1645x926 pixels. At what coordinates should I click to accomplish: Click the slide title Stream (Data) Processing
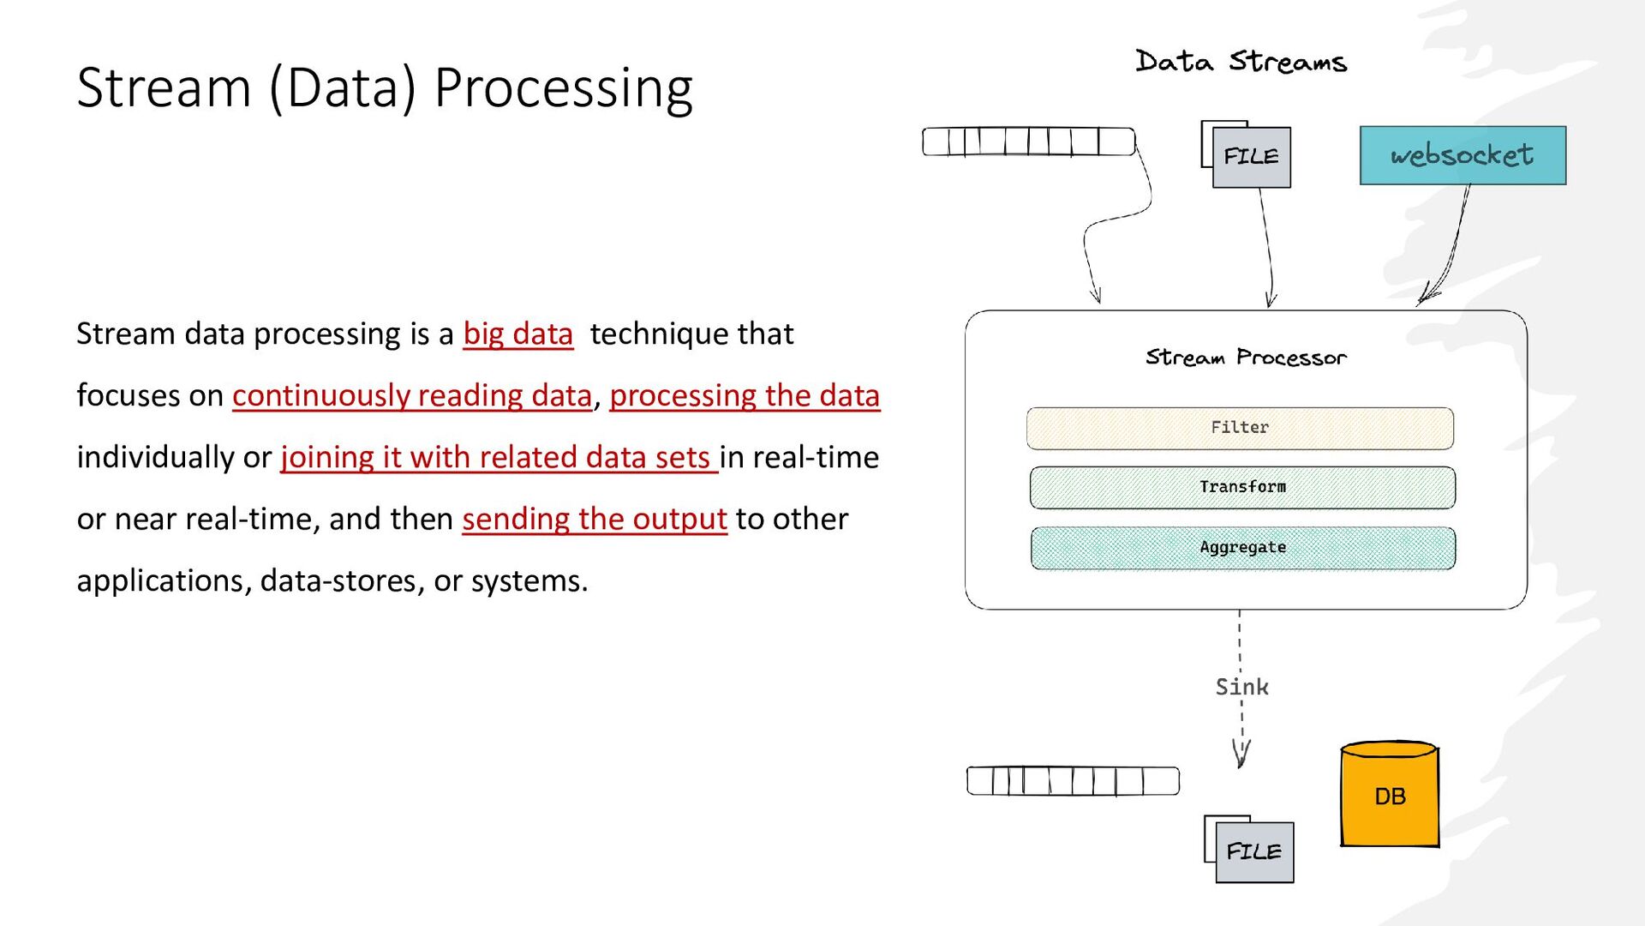tap(385, 88)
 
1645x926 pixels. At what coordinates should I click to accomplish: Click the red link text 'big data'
tap(517, 334)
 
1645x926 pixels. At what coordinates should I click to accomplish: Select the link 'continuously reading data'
tap(412, 395)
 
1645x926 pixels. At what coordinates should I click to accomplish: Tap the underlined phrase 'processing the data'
tap(745, 395)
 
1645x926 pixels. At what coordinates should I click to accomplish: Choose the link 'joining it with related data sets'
tap(499, 457)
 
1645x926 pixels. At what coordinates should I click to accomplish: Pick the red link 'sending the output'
tap(595, 519)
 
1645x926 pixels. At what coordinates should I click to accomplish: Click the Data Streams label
tap(1241, 62)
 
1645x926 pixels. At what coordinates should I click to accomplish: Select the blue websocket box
tap(1463, 155)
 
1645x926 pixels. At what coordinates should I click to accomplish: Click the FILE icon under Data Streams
tap(1246, 154)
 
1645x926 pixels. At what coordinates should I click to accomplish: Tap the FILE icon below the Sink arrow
tap(1249, 849)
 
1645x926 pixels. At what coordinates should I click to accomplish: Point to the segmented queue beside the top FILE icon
tap(1029, 141)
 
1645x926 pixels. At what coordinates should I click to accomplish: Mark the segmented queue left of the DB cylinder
tap(1073, 781)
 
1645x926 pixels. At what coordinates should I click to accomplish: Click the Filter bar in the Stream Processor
tap(1240, 428)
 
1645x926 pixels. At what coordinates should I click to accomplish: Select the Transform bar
tap(1242, 487)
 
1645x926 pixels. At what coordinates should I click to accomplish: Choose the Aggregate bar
tap(1243, 548)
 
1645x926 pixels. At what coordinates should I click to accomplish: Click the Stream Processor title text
tap(1246, 358)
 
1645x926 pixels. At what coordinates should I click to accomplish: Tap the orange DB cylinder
tap(1390, 794)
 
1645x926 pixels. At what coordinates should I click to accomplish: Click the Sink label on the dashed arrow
tap(1241, 687)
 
